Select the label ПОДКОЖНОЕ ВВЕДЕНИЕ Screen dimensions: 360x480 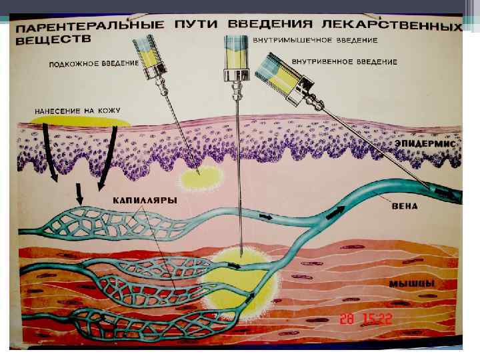point(94,64)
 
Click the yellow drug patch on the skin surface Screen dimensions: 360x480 point(80,123)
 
